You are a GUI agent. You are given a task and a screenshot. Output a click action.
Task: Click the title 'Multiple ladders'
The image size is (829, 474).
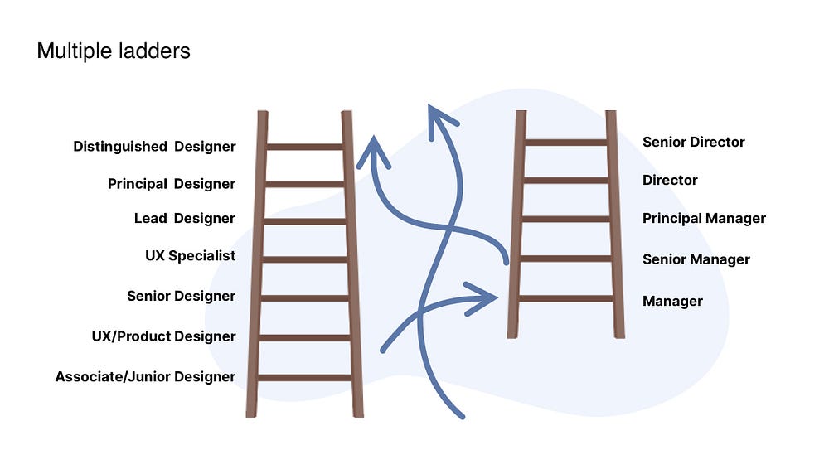[x=114, y=51]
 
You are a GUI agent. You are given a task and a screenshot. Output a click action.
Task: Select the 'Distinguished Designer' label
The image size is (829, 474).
[x=154, y=147]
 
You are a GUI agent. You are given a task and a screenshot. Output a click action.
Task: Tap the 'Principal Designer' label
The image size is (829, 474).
[x=172, y=184]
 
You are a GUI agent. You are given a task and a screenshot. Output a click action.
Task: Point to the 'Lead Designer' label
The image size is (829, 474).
[x=184, y=219]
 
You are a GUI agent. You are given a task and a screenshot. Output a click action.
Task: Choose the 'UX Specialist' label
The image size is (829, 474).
[x=190, y=256]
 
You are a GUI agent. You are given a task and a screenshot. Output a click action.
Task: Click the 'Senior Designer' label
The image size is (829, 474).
[x=181, y=297]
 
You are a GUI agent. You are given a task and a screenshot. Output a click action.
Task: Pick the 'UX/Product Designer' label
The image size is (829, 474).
[x=163, y=336]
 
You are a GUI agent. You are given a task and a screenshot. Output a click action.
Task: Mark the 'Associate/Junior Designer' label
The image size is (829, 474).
[x=145, y=377]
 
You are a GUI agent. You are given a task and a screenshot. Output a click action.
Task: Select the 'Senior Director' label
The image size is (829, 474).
[x=693, y=143]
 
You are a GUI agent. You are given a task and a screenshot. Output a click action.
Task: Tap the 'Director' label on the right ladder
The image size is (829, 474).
[x=670, y=180]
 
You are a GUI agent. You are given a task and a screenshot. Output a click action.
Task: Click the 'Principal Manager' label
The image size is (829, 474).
[x=704, y=219]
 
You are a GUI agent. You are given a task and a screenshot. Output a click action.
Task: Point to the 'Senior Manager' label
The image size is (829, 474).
[x=696, y=259]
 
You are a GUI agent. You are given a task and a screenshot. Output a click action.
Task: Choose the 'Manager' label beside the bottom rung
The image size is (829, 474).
[x=672, y=302]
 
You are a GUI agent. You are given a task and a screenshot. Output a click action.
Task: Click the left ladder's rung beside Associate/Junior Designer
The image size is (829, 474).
[x=304, y=378]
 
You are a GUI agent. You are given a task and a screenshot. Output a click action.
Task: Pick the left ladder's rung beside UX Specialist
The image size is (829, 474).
[x=304, y=259]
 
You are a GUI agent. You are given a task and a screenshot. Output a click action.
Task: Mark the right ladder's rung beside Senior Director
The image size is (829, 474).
[x=566, y=143]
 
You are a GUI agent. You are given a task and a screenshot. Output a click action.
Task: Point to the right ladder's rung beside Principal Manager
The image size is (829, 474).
[x=566, y=220]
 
